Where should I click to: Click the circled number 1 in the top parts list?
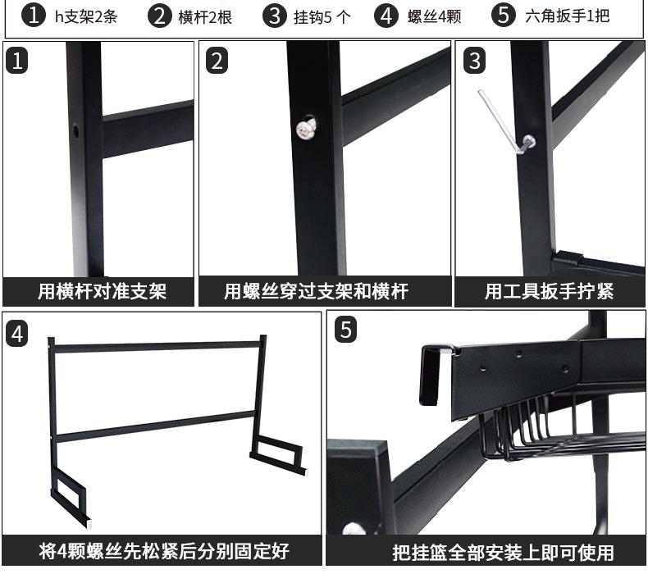click(33, 16)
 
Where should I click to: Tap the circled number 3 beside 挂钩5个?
click(273, 16)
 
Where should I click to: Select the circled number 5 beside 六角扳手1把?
click(504, 16)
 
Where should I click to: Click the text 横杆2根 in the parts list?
click(205, 16)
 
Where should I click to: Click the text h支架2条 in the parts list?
click(86, 16)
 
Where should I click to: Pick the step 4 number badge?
click(18, 333)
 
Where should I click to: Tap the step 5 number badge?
click(346, 330)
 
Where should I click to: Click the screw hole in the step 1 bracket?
click(76, 130)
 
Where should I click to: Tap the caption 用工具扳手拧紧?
click(548, 291)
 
